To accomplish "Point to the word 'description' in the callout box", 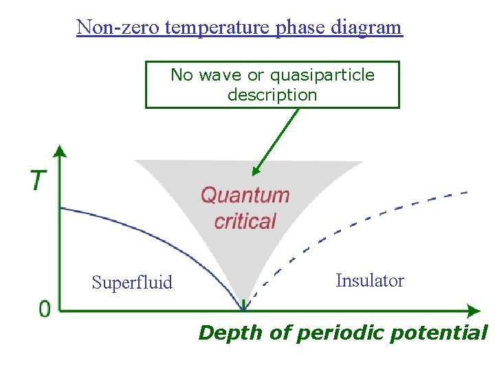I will point(272,95).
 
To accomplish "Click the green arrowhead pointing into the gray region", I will point(256,172).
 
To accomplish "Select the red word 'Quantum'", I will point(245,195).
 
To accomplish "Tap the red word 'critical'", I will point(245,221).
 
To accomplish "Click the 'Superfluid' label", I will point(132,282).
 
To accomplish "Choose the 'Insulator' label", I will point(370,280).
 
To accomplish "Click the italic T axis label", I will point(39,180).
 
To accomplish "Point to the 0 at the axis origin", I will point(45,309).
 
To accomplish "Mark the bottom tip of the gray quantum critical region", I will point(243,307).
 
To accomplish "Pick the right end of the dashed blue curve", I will point(467,192).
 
